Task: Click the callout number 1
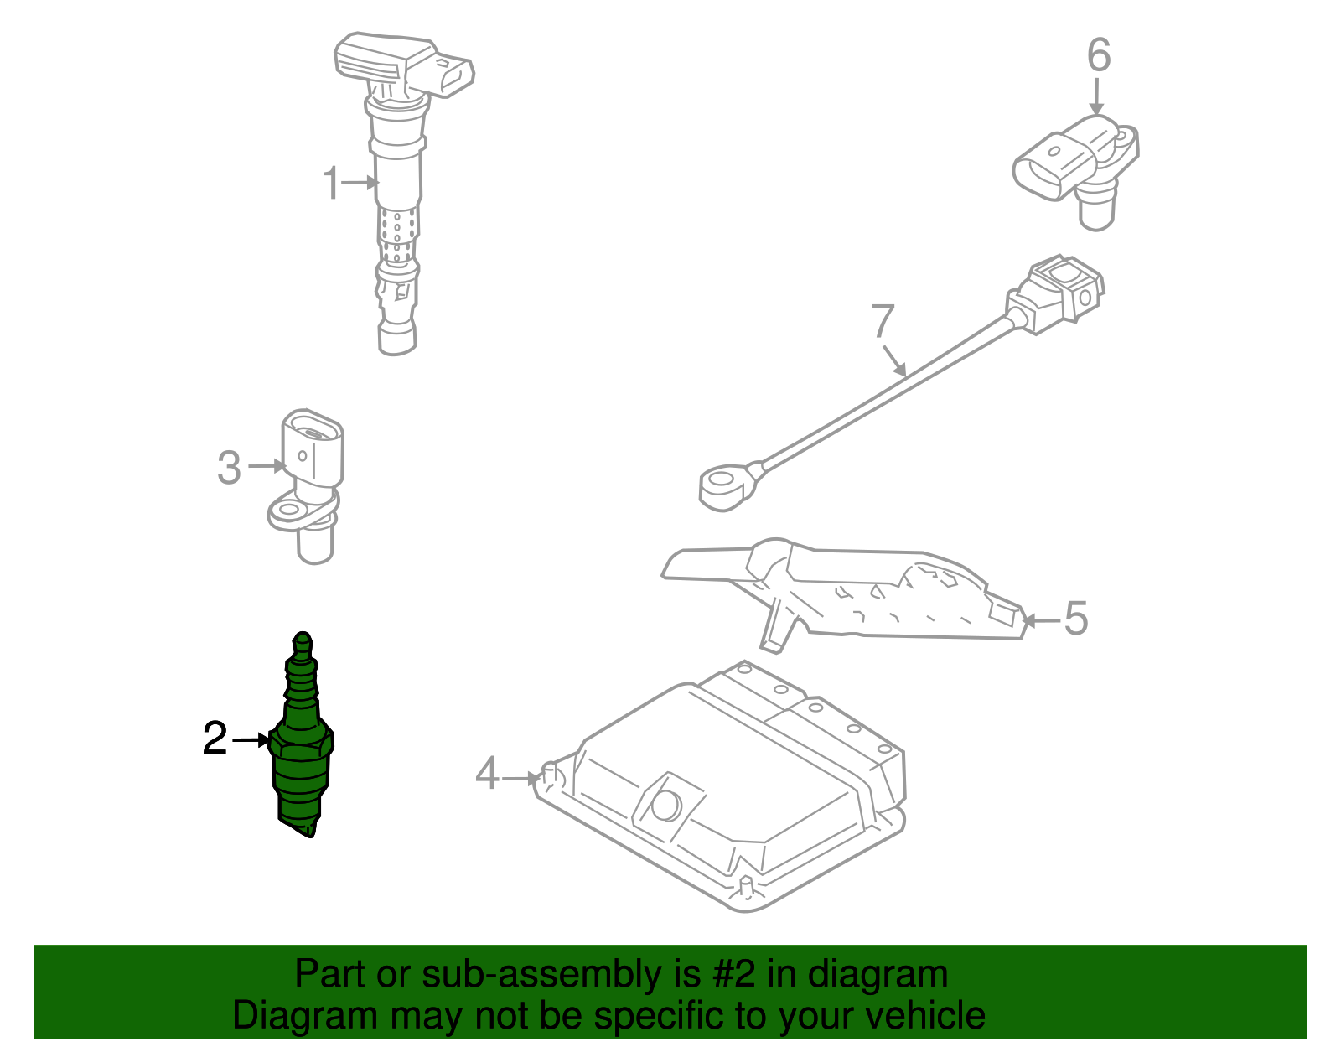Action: [x=332, y=183]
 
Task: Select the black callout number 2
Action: [x=215, y=739]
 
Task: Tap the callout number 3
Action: [x=229, y=468]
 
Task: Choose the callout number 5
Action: [x=1075, y=619]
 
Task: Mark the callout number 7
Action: [x=883, y=321]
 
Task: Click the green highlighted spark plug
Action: [x=303, y=746]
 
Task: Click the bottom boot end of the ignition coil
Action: [x=396, y=338]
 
